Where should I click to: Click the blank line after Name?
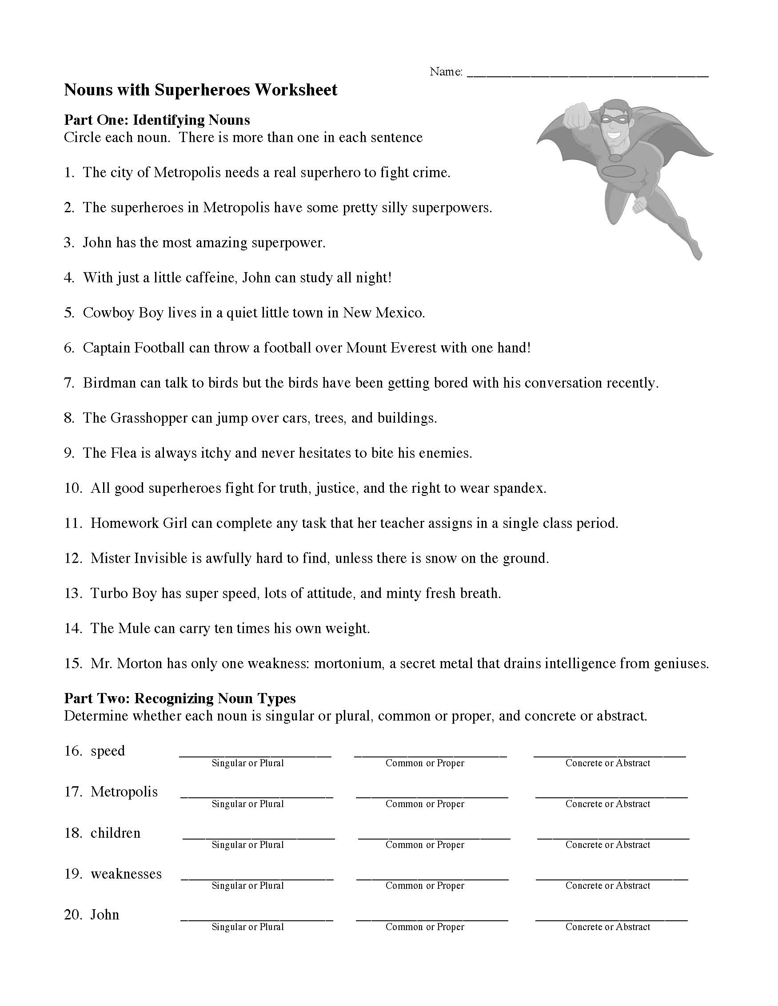pyautogui.click(x=587, y=73)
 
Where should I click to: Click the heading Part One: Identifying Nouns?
pyautogui.click(x=157, y=120)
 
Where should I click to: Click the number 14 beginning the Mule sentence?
pyautogui.click(x=73, y=629)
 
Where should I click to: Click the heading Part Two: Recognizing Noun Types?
pyautogui.click(x=180, y=699)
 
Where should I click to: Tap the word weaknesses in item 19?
pyautogui.click(x=126, y=874)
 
